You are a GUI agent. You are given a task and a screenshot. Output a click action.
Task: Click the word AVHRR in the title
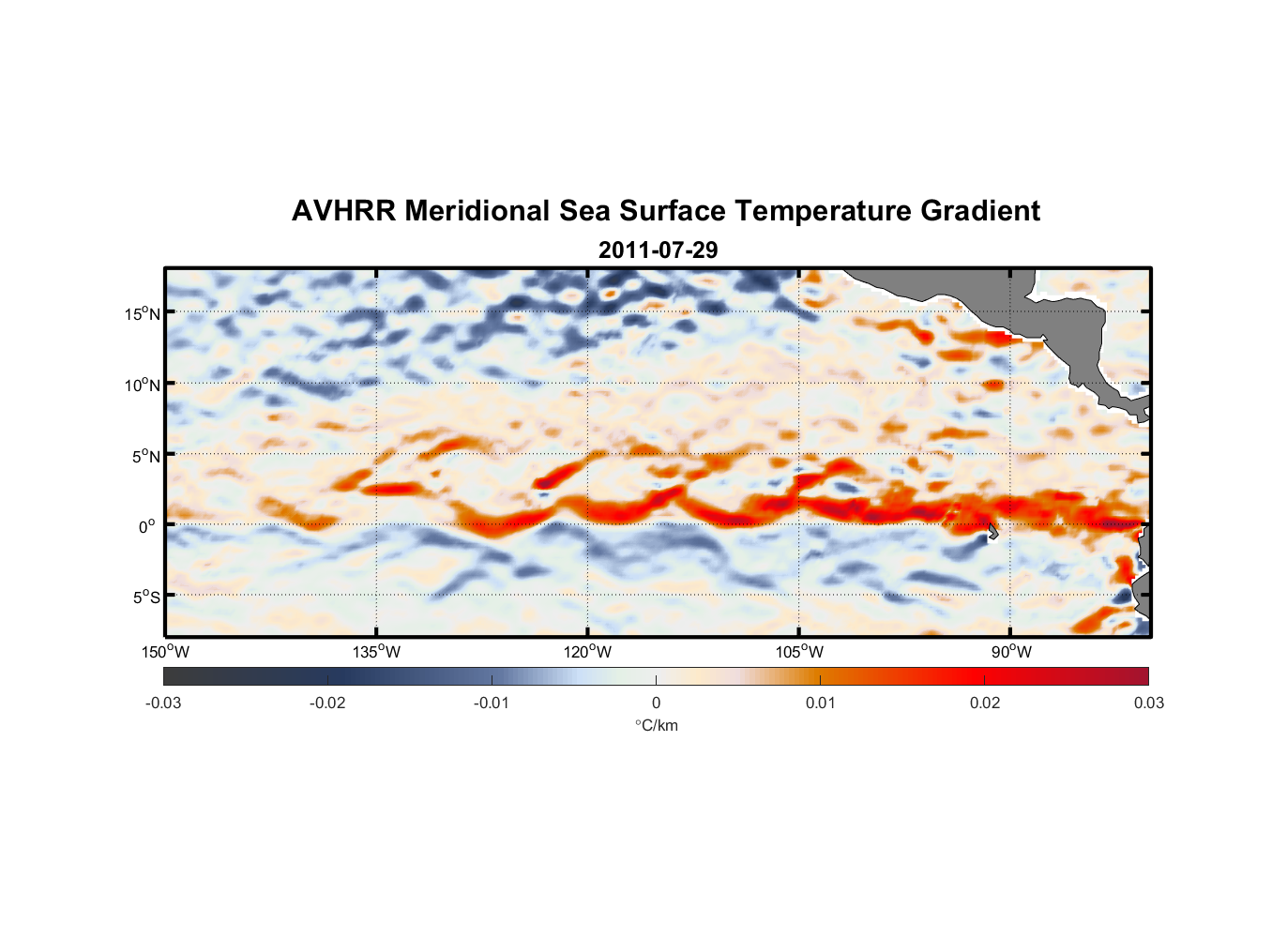(343, 211)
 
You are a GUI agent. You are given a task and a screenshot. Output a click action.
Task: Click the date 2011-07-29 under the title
(658, 250)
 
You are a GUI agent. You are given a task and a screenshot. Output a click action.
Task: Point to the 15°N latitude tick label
(143, 313)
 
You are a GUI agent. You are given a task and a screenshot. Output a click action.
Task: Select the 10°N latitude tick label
(143, 385)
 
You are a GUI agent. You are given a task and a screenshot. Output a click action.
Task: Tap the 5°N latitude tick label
(145, 456)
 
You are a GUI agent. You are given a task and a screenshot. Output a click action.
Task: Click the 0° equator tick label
(147, 527)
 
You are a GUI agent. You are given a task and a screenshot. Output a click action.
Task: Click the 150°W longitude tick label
(166, 652)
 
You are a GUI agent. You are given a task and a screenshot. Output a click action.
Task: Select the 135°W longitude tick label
(377, 652)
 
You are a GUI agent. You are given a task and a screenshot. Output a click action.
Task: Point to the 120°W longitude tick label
(588, 652)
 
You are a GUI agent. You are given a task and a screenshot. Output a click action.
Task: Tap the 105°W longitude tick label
(799, 652)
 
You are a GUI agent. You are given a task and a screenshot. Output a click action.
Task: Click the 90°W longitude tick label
(1011, 652)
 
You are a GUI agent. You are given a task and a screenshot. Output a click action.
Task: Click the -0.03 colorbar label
(163, 703)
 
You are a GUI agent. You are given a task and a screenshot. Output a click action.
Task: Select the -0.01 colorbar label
(492, 703)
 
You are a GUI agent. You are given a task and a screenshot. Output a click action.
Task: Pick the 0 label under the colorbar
(656, 703)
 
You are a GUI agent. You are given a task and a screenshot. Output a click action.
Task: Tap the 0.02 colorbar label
(984, 703)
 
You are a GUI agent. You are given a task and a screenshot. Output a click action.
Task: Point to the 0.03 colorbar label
(1148, 703)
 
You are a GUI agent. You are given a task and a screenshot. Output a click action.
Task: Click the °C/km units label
(656, 726)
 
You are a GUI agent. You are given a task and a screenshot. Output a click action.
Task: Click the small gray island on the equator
(992, 532)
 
